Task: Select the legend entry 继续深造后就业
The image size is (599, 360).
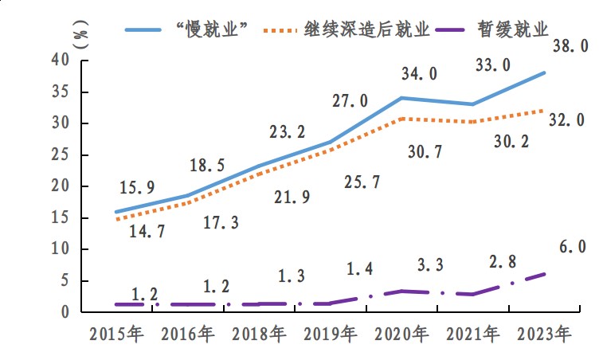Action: point(367,29)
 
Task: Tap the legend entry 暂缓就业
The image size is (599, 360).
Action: point(514,29)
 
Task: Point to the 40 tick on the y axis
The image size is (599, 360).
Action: point(60,60)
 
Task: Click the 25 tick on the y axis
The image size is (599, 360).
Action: point(60,155)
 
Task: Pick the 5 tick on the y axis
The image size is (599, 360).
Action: point(65,280)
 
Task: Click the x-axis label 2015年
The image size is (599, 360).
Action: point(116,334)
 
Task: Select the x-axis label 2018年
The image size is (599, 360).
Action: point(258,334)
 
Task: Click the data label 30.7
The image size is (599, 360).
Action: point(426,151)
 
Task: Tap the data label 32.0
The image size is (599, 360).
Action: point(567,120)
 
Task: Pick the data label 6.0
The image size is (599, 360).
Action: point(572,248)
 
